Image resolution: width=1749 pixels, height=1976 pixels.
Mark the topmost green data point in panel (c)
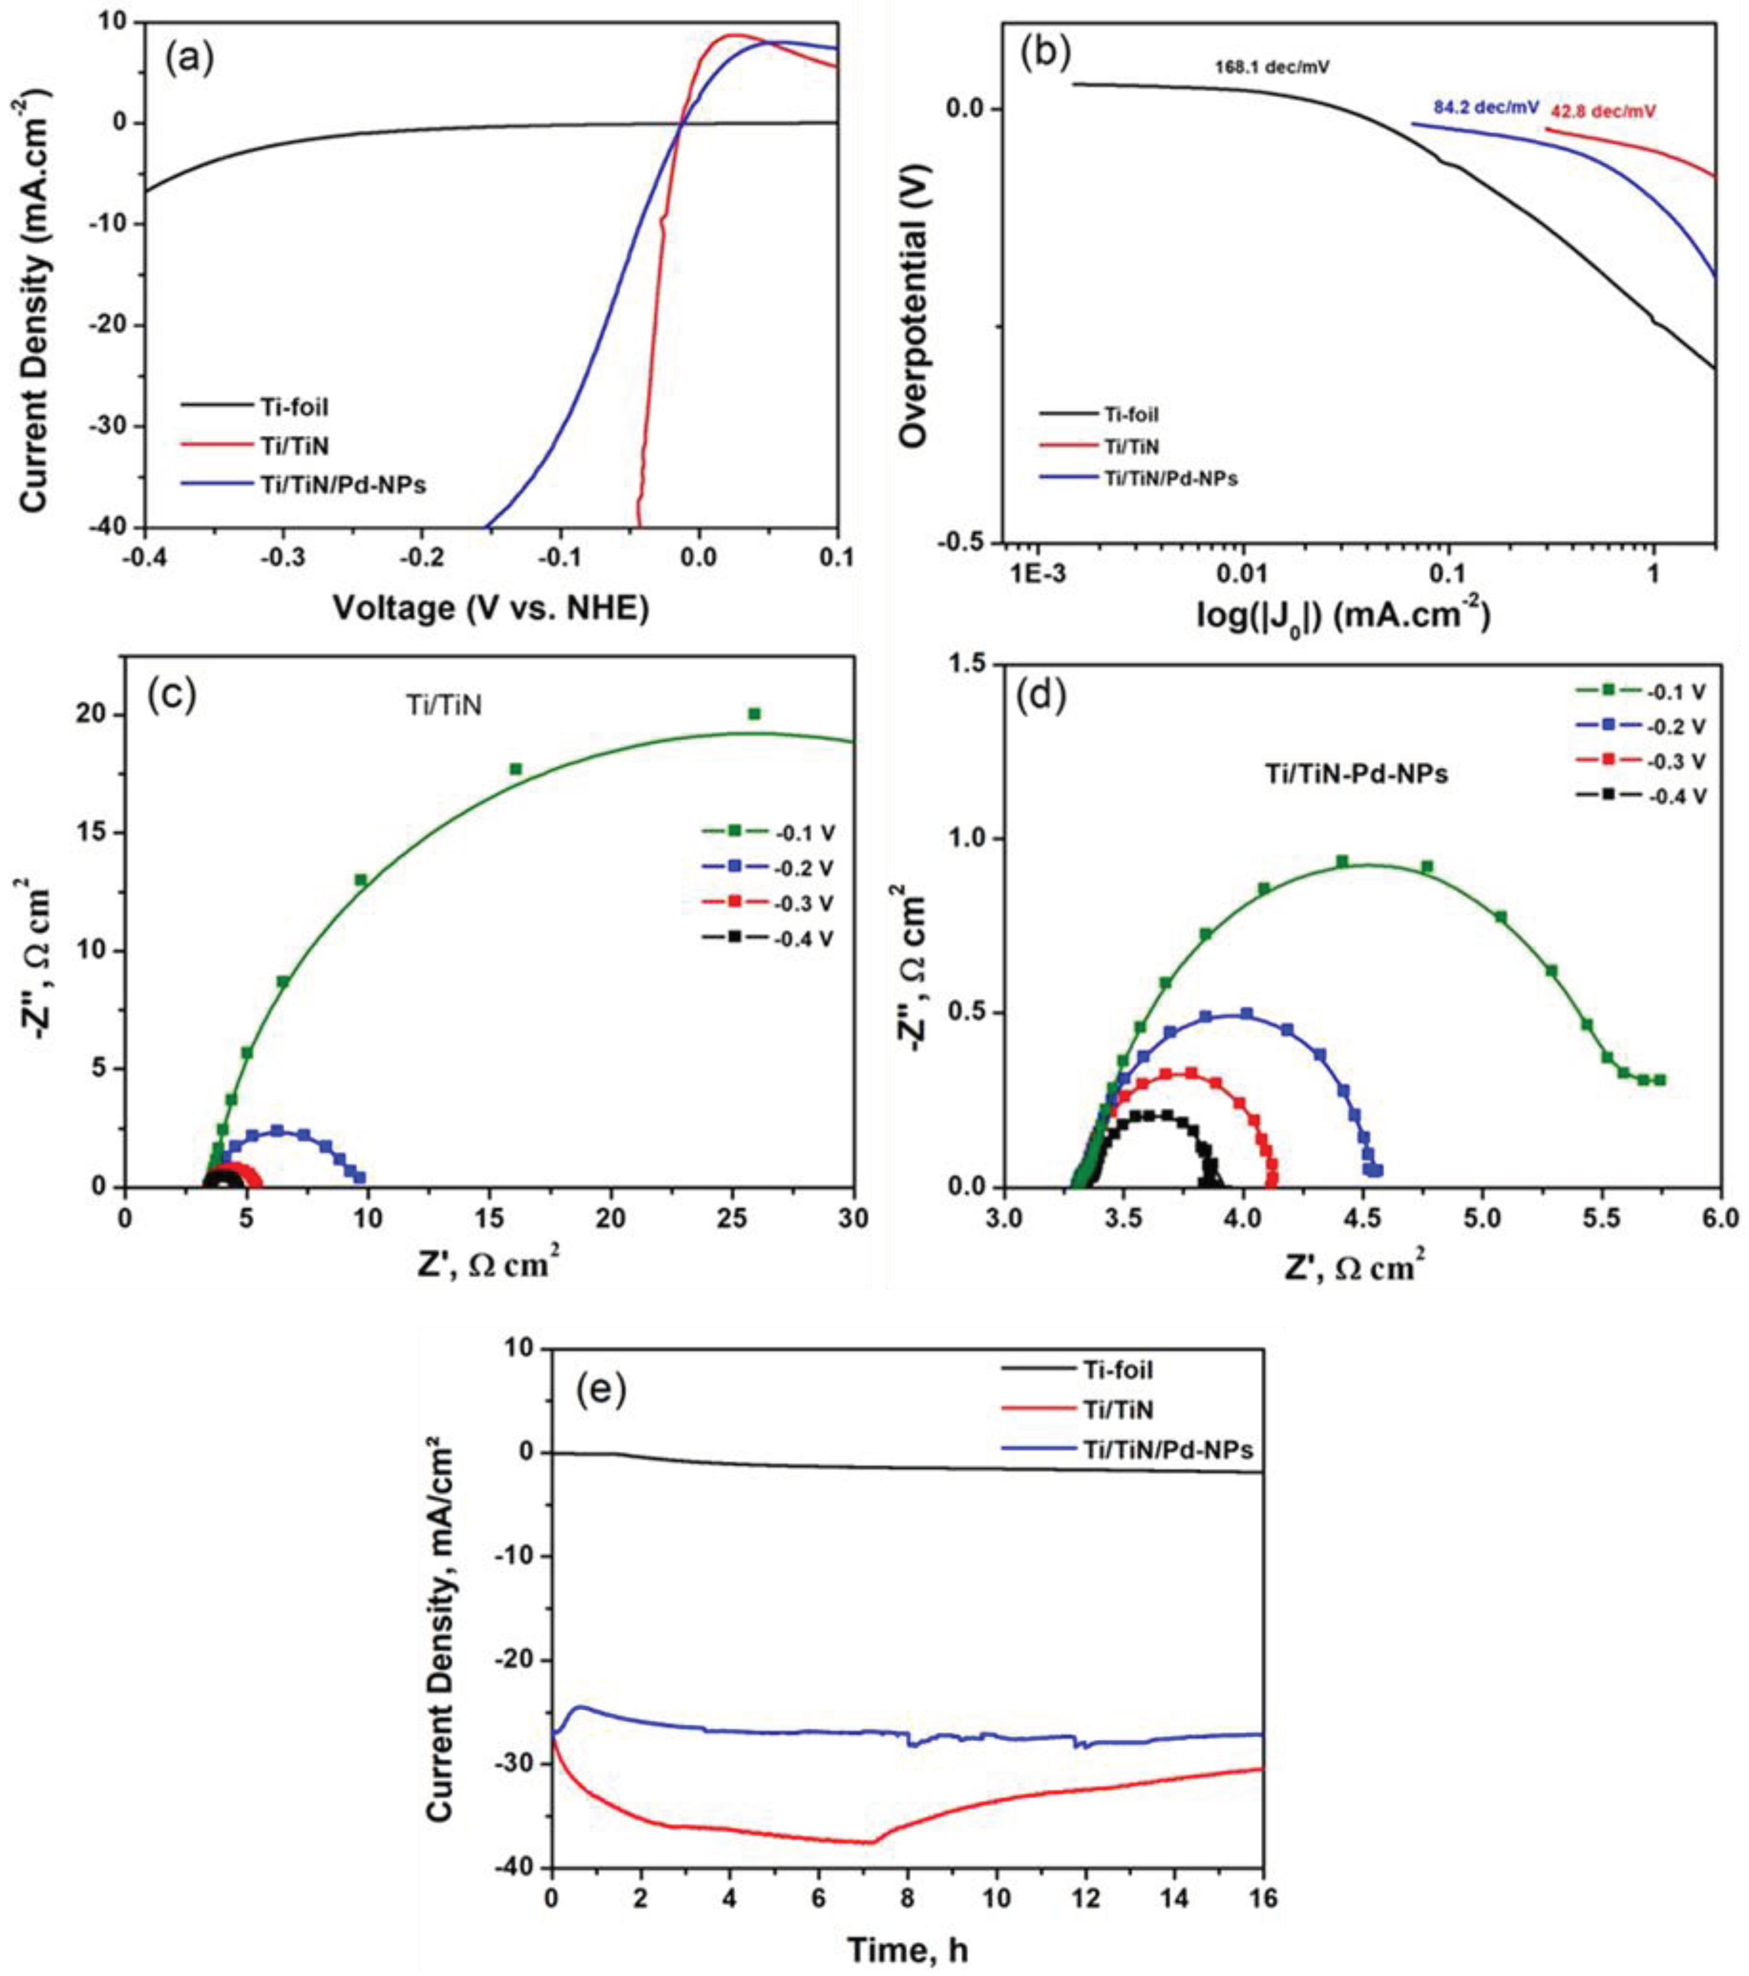755,713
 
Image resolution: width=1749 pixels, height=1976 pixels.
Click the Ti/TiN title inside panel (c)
443,707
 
